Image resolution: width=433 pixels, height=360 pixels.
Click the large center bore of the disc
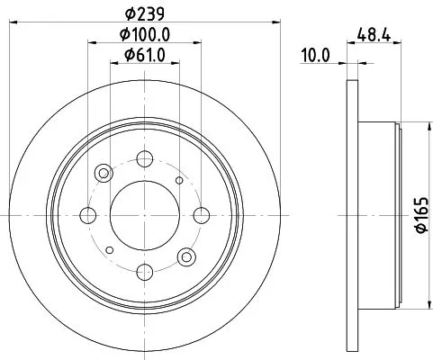tap(142, 215)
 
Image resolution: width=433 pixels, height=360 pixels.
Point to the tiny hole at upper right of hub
tap(179, 180)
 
